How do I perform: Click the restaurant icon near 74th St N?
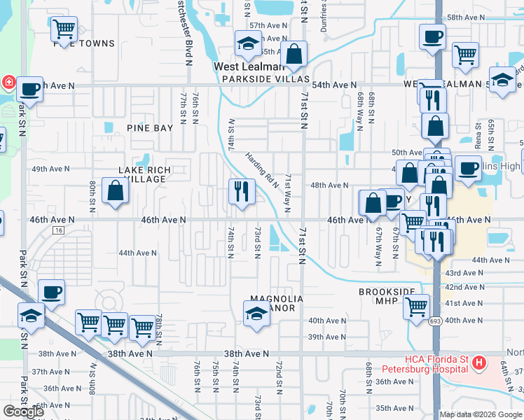point(241,192)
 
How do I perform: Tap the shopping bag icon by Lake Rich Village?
point(115,191)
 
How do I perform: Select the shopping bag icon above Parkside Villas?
point(295,54)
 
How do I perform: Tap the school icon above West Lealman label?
point(247,45)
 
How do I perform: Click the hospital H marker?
point(479,363)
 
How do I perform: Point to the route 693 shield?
point(436,321)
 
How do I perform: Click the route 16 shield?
point(58,230)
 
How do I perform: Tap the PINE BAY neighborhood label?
point(149,128)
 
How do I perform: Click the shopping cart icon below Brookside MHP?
point(417,306)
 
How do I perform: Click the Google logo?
point(23,411)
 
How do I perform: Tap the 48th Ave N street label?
point(329,185)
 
